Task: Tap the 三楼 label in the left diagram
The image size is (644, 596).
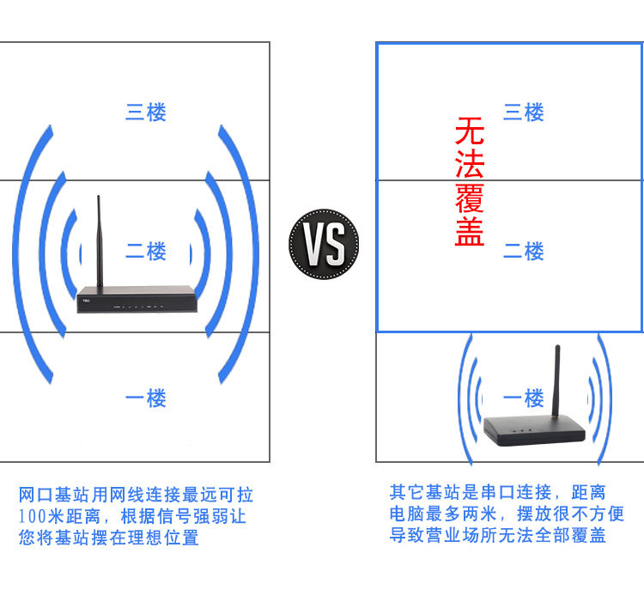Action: click(x=146, y=113)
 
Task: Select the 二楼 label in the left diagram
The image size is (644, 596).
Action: click(x=146, y=252)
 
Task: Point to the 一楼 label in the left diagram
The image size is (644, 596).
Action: click(x=146, y=398)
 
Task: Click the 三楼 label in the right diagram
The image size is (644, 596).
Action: click(x=524, y=113)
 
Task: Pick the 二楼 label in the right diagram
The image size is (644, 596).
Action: click(x=524, y=252)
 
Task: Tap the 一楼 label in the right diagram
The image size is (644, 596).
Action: click(x=524, y=398)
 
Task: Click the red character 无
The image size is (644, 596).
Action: click(x=470, y=132)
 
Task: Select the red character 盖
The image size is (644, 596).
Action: click(x=470, y=233)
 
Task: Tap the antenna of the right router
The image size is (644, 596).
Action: click(x=557, y=378)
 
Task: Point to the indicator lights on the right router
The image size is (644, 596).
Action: click(x=519, y=429)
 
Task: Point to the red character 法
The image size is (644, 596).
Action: click(x=470, y=165)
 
